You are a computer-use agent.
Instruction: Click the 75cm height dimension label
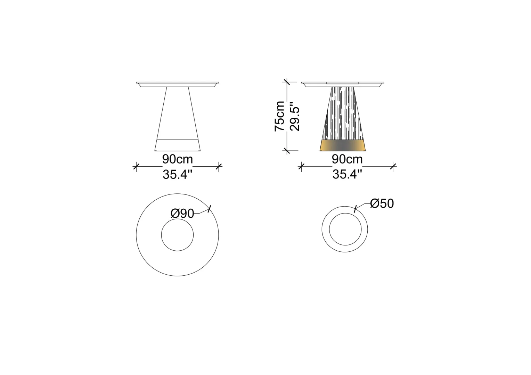tap(279, 116)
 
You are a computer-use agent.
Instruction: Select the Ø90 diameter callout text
tap(182, 214)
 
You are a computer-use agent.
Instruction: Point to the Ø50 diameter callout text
tap(382, 203)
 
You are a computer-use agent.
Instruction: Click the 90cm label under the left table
tap(178, 159)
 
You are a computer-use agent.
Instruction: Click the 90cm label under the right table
tap(347, 159)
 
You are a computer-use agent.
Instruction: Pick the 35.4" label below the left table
tap(177, 175)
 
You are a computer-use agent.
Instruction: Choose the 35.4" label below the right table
tap(347, 175)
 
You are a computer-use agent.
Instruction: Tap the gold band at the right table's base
tap(343, 145)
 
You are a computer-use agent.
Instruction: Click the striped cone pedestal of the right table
tap(343, 113)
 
